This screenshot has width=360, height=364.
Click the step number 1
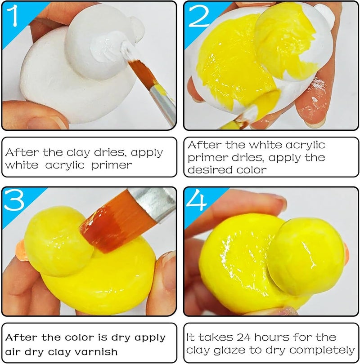click(x=13, y=16)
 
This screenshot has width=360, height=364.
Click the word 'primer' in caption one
click(x=112, y=166)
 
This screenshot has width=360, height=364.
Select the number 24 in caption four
click(x=243, y=337)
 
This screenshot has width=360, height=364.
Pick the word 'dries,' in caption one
click(x=111, y=152)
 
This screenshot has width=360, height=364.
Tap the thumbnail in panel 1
click(x=45, y=123)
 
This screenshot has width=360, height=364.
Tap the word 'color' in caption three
click(x=80, y=337)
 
